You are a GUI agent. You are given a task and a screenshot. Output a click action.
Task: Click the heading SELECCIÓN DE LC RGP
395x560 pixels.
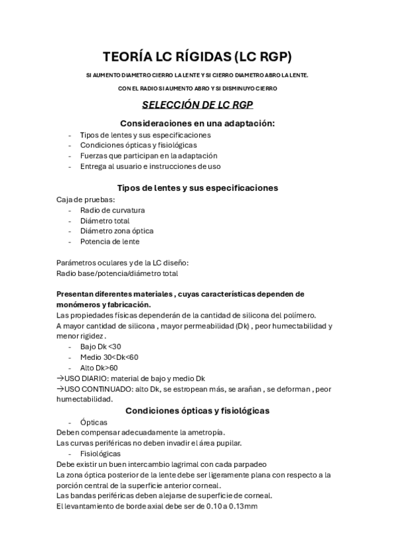pyautogui.click(x=198, y=105)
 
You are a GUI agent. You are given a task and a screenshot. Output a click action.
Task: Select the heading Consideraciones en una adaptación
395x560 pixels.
pyautogui.click(x=197, y=123)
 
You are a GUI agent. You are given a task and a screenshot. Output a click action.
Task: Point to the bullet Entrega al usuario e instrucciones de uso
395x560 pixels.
pyautogui.click(x=150, y=166)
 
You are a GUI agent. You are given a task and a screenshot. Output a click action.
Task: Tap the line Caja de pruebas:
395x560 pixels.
pyautogui.click(x=86, y=199)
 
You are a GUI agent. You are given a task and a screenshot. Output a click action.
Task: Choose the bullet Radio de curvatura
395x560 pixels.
pyautogui.click(x=113, y=210)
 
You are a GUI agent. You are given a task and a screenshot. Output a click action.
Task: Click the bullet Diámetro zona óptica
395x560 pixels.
pyautogui.click(x=117, y=231)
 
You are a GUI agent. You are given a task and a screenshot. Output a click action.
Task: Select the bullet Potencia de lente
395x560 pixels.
pyautogui.click(x=109, y=242)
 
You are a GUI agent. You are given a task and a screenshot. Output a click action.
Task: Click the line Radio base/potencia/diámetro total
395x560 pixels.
pyautogui.click(x=117, y=273)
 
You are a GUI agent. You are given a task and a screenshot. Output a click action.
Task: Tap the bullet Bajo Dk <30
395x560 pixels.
pyautogui.click(x=101, y=346)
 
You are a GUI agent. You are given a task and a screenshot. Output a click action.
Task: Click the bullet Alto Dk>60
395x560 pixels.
pyautogui.click(x=99, y=368)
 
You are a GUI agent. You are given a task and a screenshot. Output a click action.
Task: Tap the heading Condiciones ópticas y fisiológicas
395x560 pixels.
pyautogui.click(x=197, y=410)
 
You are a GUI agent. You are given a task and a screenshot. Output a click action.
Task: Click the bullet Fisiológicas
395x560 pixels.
pyautogui.click(x=100, y=454)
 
